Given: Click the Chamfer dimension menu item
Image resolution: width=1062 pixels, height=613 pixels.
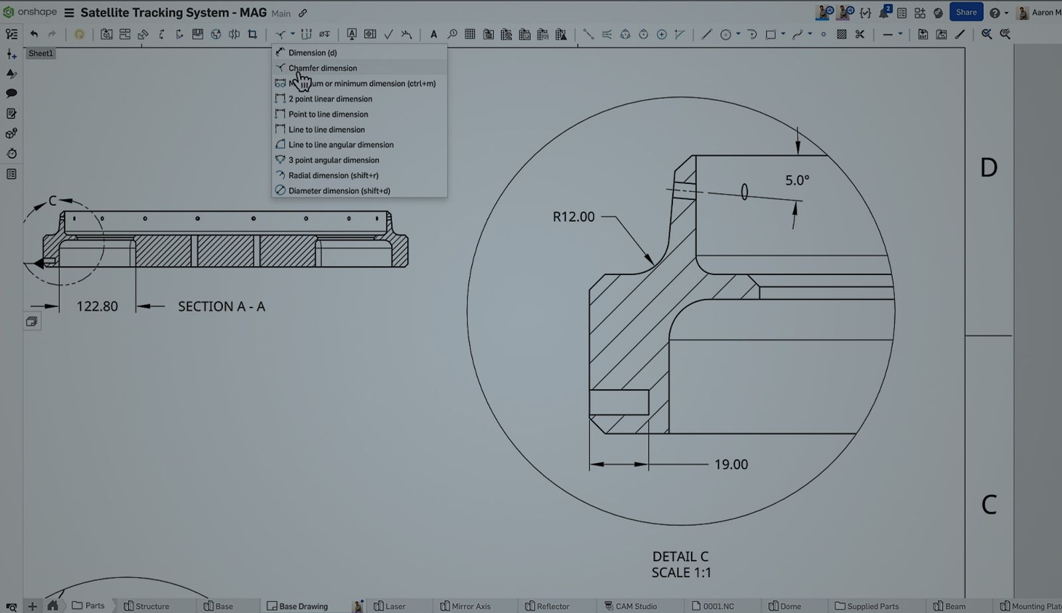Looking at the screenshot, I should point(323,68).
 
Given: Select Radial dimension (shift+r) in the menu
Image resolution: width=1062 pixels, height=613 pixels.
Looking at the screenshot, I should point(333,175).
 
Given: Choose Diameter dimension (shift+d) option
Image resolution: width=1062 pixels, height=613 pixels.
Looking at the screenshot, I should point(339,191).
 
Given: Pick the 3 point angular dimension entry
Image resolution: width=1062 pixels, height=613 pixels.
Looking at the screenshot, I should point(333,160).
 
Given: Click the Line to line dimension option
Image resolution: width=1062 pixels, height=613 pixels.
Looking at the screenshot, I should point(326,130).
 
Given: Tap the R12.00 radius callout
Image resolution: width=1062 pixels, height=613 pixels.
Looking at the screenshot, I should point(573,217).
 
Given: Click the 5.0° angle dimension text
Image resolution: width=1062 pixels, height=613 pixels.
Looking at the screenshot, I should point(796,180).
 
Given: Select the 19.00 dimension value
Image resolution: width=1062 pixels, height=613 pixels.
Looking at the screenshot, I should point(731,464).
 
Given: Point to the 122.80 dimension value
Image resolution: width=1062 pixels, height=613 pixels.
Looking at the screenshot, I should point(97,306).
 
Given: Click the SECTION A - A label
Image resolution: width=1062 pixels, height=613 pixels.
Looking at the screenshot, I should point(221,306).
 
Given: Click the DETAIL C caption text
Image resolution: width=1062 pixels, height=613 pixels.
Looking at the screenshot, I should point(680,557).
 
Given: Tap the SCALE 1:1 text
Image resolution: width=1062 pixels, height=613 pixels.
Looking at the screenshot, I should point(681,572).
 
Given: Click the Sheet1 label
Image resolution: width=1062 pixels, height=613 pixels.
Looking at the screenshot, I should point(40,53).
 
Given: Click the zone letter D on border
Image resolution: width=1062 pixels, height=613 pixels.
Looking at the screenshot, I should point(988,167).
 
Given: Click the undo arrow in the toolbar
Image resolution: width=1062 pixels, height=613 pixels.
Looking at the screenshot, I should point(34,34).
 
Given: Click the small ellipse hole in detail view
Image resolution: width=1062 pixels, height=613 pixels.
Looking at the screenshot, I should point(744,192).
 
